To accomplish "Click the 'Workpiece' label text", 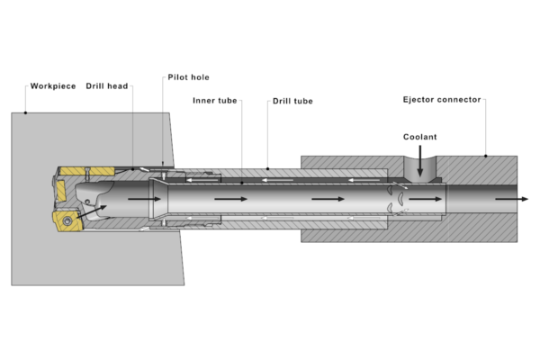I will (51, 86).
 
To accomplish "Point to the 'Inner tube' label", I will (215, 101).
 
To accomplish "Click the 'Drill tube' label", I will (292, 101).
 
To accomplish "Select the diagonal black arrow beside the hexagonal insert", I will (93, 213).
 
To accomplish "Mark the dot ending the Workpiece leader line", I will (26, 112).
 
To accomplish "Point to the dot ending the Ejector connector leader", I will (485, 155).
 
